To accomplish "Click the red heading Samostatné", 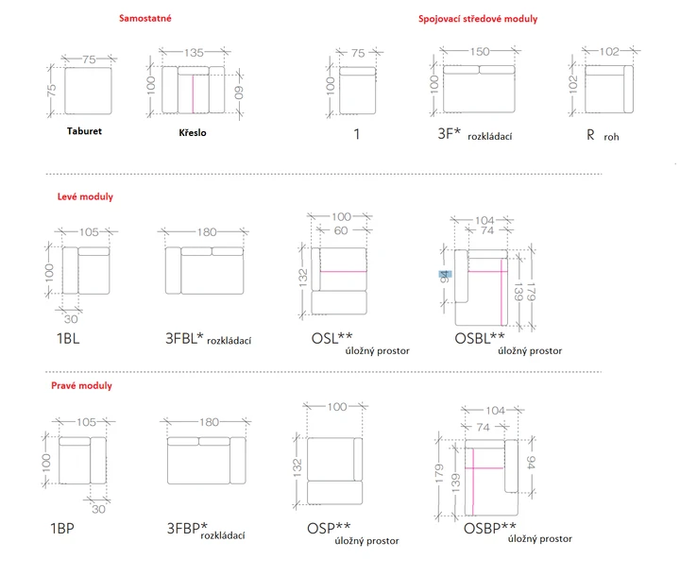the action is click(145, 18).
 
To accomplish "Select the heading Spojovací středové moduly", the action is click(478, 19).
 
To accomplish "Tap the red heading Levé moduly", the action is click(85, 196).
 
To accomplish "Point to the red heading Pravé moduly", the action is click(81, 385).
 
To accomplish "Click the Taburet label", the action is click(84, 131).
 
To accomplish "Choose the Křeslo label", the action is click(192, 132).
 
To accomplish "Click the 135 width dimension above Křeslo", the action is click(194, 53).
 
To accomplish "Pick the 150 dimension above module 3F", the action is click(480, 52).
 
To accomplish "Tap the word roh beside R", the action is click(611, 137).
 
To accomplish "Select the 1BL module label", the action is click(68, 338).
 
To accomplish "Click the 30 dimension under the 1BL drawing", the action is click(71, 319).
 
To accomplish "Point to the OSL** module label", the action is click(331, 338).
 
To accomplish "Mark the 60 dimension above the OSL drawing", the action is click(341, 230).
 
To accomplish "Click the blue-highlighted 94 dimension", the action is click(445, 277).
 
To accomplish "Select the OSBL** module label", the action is click(480, 338).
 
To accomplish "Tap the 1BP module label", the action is click(62, 528).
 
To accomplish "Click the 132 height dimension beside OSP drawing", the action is click(297, 468).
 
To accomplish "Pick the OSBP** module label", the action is click(489, 528).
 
